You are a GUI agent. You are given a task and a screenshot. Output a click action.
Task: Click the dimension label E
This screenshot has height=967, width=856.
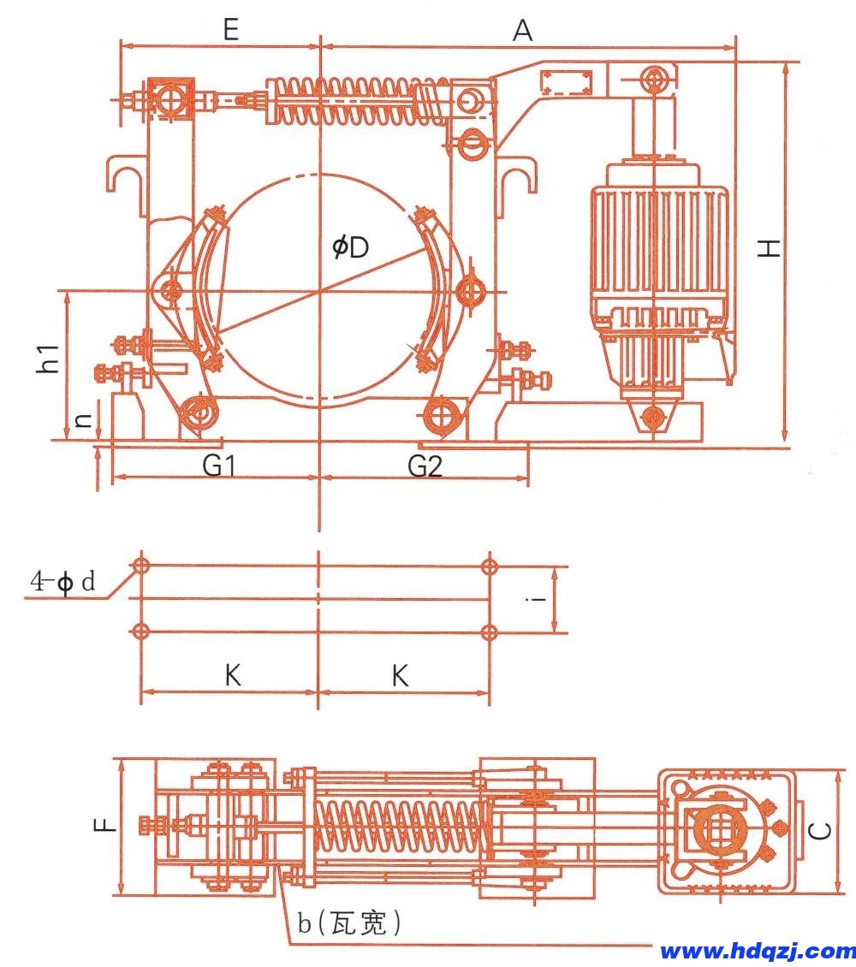[229, 30]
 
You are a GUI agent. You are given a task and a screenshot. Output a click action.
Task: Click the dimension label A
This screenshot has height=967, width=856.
[522, 31]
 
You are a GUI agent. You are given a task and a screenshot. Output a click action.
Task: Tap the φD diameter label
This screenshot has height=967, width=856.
[350, 248]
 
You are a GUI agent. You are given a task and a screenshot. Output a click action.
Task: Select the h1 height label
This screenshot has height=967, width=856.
[50, 358]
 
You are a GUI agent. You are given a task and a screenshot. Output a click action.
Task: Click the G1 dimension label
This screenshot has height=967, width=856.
[219, 466]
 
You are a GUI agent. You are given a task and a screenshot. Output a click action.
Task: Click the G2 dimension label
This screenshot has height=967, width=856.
[425, 466]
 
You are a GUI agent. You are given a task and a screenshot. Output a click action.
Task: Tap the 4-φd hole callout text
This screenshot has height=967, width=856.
[64, 583]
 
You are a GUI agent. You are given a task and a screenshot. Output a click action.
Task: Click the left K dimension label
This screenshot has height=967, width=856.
[233, 677]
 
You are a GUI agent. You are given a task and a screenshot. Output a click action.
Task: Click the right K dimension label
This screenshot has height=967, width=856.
[400, 677]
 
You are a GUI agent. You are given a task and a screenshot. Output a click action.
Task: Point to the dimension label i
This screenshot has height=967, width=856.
[536, 599]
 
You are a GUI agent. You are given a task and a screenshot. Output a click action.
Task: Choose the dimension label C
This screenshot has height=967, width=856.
[819, 829]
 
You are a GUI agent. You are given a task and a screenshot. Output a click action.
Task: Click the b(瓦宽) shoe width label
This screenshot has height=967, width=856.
[349, 923]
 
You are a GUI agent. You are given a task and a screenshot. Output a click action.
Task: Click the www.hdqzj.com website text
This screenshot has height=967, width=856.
[758, 951]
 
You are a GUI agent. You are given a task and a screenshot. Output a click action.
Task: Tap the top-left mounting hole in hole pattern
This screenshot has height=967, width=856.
[141, 566]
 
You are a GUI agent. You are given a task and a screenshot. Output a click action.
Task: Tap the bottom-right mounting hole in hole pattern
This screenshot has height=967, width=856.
[489, 632]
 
